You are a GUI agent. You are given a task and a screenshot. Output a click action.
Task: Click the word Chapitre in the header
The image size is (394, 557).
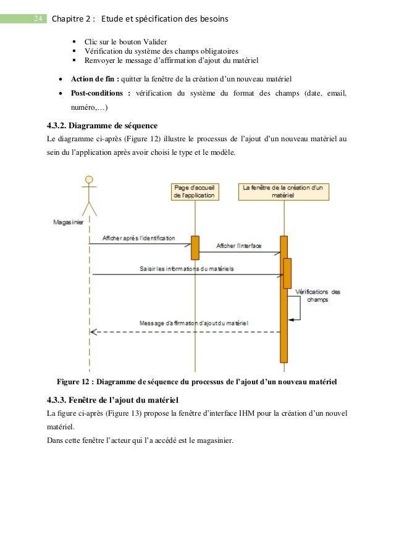pos(72,19)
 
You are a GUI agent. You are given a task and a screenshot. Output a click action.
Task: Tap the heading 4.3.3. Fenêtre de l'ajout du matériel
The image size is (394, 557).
pos(112,401)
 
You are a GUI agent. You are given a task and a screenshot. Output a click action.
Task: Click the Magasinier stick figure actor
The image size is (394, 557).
pos(90,194)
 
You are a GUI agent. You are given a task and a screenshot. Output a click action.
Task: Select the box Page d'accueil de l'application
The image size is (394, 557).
pos(195,191)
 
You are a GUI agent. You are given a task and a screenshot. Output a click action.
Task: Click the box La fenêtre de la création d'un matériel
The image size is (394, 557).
pos(283,191)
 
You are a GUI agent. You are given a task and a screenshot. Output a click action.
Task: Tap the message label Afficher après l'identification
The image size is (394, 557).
pos(138,238)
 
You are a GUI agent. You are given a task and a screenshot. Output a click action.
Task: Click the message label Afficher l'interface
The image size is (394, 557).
pos(239,245)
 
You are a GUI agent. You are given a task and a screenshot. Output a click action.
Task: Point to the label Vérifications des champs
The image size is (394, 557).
pos(318,295)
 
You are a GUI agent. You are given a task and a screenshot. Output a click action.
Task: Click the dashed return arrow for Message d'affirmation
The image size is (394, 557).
pos(185,332)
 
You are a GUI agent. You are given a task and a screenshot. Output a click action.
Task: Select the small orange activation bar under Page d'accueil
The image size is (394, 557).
pos(195,248)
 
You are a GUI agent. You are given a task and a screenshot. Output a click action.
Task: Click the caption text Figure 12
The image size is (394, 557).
pos(74,381)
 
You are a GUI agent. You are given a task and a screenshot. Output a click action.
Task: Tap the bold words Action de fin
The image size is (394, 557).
pos(95,80)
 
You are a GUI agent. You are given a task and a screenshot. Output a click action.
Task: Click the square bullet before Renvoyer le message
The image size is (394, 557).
pos(75,60)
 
